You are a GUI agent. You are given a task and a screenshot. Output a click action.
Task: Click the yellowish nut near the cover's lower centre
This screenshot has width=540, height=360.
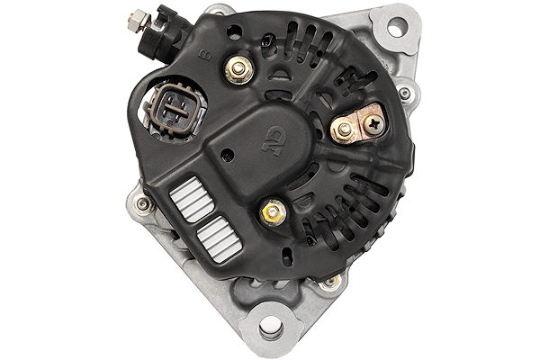[271, 213]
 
